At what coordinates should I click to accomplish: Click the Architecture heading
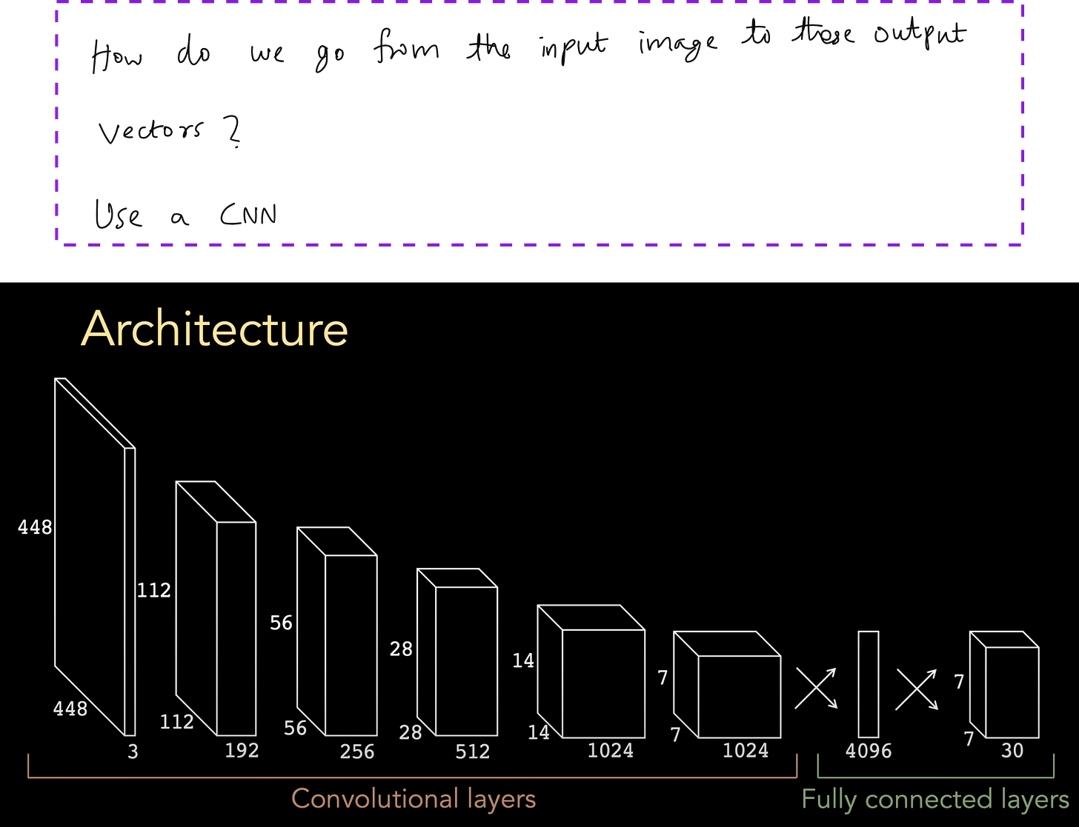[x=214, y=328]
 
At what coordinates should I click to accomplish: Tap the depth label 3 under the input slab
[x=133, y=751]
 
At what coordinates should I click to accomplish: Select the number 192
[x=242, y=750]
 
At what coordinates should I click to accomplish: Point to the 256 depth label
[x=357, y=751]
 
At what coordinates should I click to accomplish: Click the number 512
[x=473, y=751]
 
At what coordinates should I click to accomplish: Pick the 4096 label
[x=869, y=751]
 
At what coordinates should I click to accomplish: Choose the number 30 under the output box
[x=1012, y=751]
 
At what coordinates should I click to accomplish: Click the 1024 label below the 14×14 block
[x=611, y=750]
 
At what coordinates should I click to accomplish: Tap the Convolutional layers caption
[x=414, y=799]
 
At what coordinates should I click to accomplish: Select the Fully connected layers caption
[x=935, y=799]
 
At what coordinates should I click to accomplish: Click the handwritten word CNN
[x=248, y=215]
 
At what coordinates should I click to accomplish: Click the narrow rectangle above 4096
[x=869, y=684]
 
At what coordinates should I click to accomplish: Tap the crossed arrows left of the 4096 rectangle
[x=816, y=689]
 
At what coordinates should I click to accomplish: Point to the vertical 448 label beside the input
[x=35, y=527]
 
